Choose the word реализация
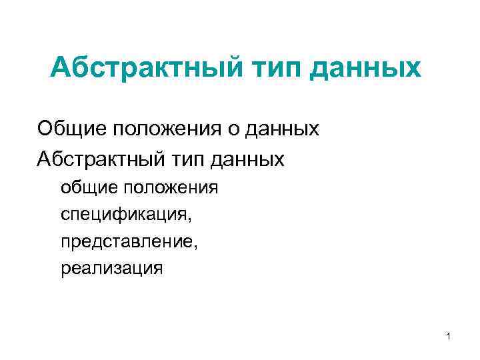pos(111,269)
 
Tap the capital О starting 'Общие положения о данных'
pos(45,127)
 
